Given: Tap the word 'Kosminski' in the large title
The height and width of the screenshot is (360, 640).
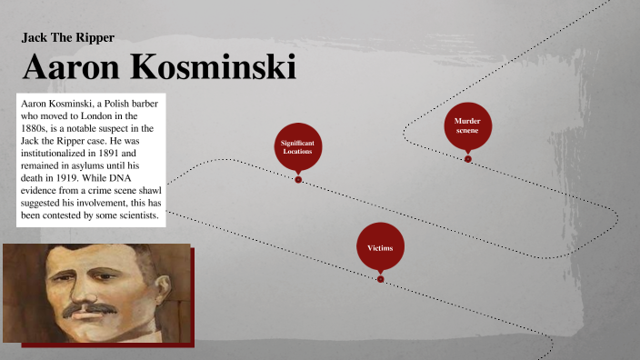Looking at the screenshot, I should coord(227,68).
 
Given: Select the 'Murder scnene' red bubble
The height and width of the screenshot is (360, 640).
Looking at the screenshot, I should coord(467,126).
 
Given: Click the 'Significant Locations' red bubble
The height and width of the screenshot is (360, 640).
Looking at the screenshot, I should coord(297,145).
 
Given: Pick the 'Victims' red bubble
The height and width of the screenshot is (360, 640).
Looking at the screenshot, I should coord(380,247).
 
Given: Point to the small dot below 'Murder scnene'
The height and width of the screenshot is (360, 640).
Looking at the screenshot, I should coord(467,159).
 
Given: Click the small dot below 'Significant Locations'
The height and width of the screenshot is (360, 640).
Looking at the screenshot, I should coord(297,179).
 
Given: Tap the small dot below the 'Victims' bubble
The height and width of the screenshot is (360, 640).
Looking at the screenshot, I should coord(380,279).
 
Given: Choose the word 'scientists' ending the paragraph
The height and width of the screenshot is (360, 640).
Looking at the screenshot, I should coord(135,217).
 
